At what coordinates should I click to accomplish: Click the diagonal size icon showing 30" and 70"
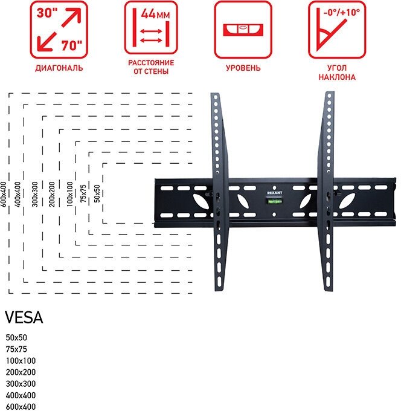point(59,29)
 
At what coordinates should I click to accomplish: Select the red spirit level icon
point(243,29)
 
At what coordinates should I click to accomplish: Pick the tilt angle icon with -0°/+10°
point(338,29)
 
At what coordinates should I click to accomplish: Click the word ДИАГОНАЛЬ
point(59,68)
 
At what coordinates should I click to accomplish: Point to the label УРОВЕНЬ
point(243,68)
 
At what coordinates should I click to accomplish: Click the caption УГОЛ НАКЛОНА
point(338,73)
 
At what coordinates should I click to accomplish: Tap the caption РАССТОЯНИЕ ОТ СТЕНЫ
point(151,67)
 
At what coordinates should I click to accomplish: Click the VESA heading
point(24,318)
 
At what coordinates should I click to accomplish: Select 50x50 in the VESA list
point(16,337)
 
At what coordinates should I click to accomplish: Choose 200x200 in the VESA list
point(21,372)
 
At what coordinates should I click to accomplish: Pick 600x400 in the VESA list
point(21,407)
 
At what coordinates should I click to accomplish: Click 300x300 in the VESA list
point(21,384)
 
